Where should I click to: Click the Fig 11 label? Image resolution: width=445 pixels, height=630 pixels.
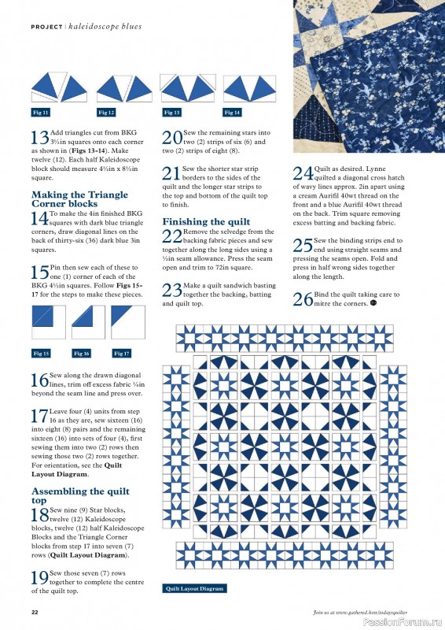point(40,113)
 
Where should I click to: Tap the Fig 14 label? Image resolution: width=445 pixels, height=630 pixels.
point(232,113)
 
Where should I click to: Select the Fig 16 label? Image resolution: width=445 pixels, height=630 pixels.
point(81,353)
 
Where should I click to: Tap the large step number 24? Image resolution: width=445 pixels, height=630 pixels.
point(302,173)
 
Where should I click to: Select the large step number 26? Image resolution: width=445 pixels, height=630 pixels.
point(302,298)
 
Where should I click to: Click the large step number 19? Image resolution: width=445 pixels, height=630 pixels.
point(39,578)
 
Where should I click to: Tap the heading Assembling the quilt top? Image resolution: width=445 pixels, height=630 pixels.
point(69,495)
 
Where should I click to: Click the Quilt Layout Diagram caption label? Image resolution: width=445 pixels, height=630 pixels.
point(195,588)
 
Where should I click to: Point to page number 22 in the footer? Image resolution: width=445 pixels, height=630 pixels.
point(35,612)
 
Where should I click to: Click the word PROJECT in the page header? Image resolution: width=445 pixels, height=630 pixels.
point(47,27)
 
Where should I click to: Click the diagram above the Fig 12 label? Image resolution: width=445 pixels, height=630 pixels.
point(111,86)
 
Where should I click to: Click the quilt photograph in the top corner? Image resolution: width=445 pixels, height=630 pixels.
point(368,75)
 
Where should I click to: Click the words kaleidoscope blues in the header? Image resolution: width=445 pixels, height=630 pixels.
point(105,27)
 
